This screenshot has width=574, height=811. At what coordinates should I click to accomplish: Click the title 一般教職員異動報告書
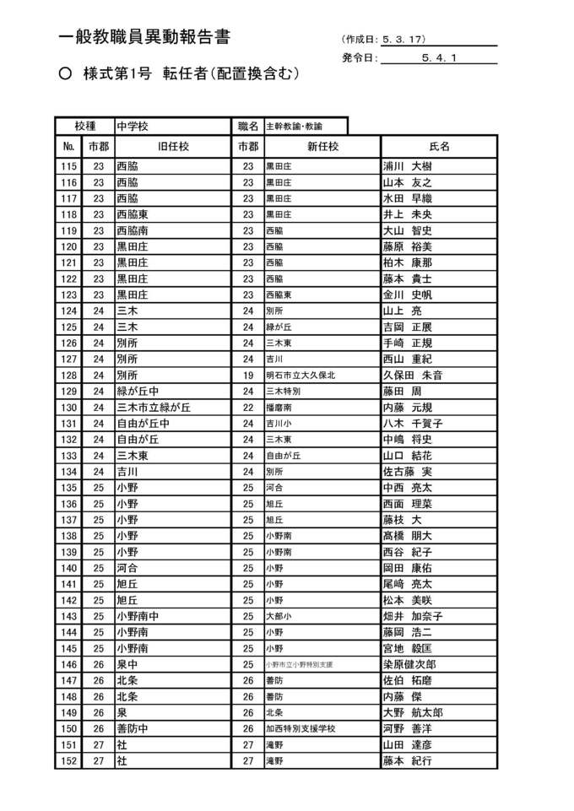pyautogui.click(x=144, y=37)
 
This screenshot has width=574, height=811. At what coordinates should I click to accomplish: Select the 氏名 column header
pyautogui.click(x=439, y=146)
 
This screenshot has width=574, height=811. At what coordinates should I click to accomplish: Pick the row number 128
pyautogui.click(x=68, y=375)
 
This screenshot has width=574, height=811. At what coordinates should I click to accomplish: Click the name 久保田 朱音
pyautogui.click(x=413, y=375)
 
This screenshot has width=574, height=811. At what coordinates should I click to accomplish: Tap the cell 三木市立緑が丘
pyautogui.click(x=154, y=407)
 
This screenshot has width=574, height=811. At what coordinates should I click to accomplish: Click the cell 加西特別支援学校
pyautogui.click(x=301, y=728)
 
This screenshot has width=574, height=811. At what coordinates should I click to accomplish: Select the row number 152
pyautogui.click(x=68, y=761)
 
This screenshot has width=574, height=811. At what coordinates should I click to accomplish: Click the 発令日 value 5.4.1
pyautogui.click(x=438, y=58)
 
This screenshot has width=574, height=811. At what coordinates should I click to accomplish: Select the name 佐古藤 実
pyautogui.click(x=407, y=471)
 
